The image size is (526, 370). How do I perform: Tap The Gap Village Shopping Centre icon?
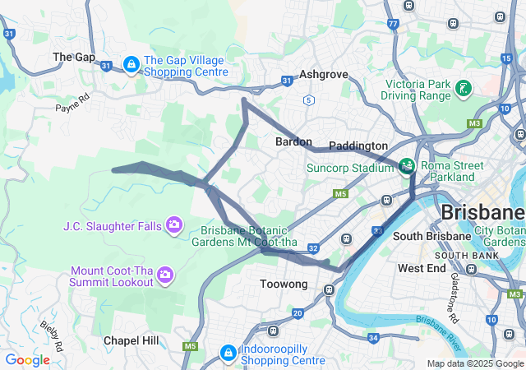[x=131, y=64]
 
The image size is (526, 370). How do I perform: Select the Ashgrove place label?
[x=323, y=74]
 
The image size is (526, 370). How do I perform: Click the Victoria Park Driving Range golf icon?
[x=464, y=87]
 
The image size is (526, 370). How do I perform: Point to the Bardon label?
[x=293, y=141]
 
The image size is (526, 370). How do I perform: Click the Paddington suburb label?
[x=358, y=146]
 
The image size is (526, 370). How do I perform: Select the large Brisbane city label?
[x=482, y=212]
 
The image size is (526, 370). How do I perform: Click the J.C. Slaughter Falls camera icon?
[x=173, y=224]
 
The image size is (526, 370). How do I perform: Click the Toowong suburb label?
[x=284, y=284]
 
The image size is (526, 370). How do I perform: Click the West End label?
[x=422, y=268]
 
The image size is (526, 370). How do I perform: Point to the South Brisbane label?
[x=431, y=236]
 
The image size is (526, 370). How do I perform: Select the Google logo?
[x=28, y=359]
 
